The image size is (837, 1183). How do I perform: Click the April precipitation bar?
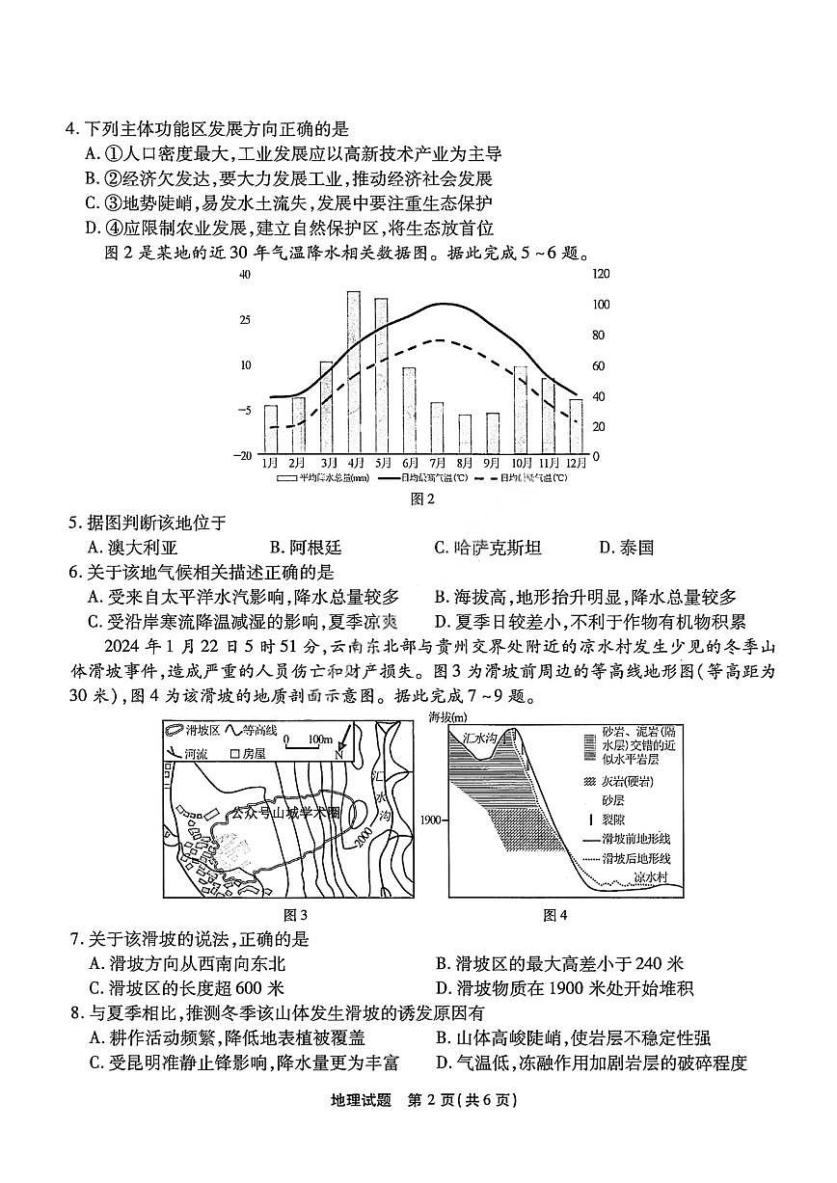[x=354, y=372]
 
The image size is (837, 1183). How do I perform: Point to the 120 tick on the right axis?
[x=601, y=274]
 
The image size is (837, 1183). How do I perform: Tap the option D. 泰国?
[x=626, y=548]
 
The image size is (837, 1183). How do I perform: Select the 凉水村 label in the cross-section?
[x=657, y=877]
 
